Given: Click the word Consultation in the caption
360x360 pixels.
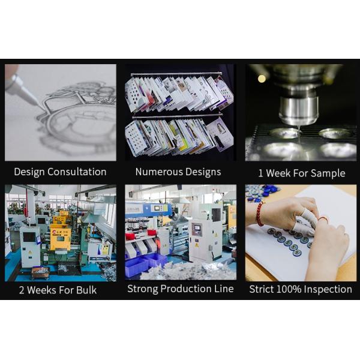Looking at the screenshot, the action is [77, 172].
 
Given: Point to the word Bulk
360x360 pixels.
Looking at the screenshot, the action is [86, 290].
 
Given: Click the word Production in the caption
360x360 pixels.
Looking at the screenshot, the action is [186, 289].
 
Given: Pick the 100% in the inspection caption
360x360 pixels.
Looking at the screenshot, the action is [289, 289].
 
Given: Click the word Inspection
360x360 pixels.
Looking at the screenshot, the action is [328, 290].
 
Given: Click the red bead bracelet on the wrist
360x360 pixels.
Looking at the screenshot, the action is [260, 214].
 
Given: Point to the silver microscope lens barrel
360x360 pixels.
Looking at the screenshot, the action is [298, 110].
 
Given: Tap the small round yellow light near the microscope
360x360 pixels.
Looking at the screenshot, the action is [262, 79].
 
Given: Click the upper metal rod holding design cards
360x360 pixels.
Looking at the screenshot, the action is [176, 74].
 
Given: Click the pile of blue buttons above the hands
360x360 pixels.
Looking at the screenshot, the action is [265, 193].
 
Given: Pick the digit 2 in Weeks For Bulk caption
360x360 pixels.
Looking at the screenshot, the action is [22, 290].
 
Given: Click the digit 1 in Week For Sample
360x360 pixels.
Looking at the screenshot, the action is [260, 173].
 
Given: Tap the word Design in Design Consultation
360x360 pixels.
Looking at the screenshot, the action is [29, 172].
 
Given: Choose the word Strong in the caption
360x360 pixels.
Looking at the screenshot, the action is [142, 289].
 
